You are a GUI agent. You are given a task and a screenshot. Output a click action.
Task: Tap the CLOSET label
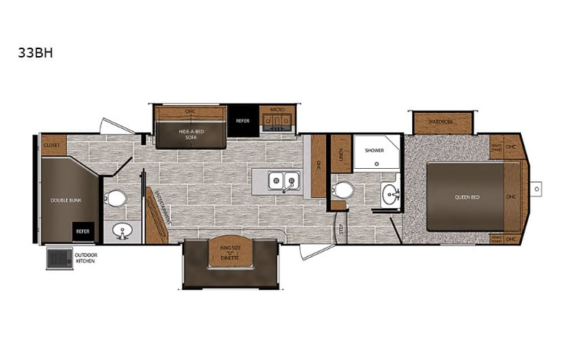point(52,144)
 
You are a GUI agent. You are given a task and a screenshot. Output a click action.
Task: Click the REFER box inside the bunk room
point(83,231)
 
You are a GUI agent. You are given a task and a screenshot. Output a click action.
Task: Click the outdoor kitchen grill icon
point(58,258)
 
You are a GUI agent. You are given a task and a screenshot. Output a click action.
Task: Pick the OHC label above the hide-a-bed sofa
point(190,111)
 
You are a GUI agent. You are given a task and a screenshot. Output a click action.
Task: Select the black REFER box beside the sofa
point(243,121)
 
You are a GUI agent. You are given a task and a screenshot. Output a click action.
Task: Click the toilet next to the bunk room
point(116,199)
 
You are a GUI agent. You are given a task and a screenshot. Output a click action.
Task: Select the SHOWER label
point(374,151)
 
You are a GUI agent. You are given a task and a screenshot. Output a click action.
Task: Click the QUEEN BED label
point(467,197)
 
